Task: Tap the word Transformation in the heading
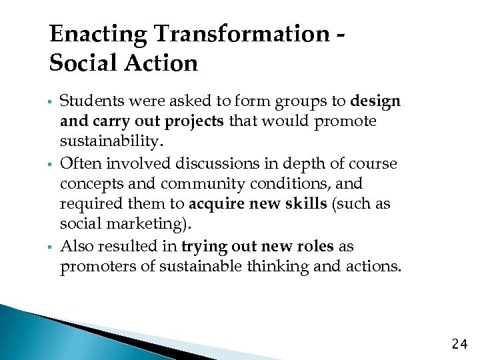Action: click(x=240, y=34)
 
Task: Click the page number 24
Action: click(x=459, y=344)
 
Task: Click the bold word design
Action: click(x=375, y=101)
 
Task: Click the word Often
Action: click(x=78, y=163)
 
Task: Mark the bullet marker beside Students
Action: click(x=51, y=103)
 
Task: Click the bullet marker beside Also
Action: click(x=51, y=248)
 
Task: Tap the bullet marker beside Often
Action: click(x=51, y=165)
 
